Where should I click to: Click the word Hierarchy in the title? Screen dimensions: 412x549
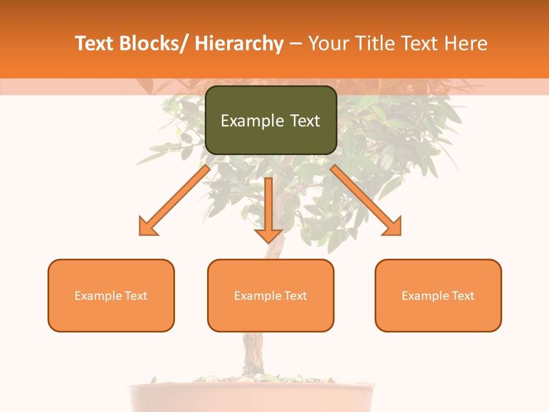238,44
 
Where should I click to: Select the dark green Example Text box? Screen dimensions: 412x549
270,120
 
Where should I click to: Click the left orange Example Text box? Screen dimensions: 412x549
111,296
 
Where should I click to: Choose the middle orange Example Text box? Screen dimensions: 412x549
270,296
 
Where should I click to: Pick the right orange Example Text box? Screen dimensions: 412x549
438,296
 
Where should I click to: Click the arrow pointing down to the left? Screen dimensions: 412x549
175,200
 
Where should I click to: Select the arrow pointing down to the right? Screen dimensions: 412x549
366,200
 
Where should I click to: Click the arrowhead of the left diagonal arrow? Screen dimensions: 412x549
148,227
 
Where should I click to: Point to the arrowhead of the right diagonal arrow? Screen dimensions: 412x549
393,227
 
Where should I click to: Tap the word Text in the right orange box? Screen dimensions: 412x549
463,296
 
